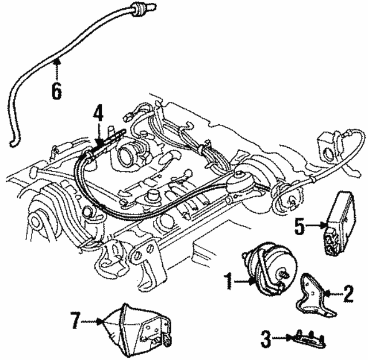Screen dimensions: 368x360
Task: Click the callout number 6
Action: click(x=56, y=91)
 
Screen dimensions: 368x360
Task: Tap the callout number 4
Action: click(x=98, y=115)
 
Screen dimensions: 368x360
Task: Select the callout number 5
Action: click(x=300, y=226)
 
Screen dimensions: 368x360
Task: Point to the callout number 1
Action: click(x=229, y=281)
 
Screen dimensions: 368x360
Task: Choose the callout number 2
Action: click(x=348, y=293)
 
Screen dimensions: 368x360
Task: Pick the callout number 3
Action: click(x=266, y=338)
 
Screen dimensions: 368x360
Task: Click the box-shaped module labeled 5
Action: click(x=339, y=223)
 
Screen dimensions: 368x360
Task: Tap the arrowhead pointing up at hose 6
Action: click(x=56, y=62)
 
